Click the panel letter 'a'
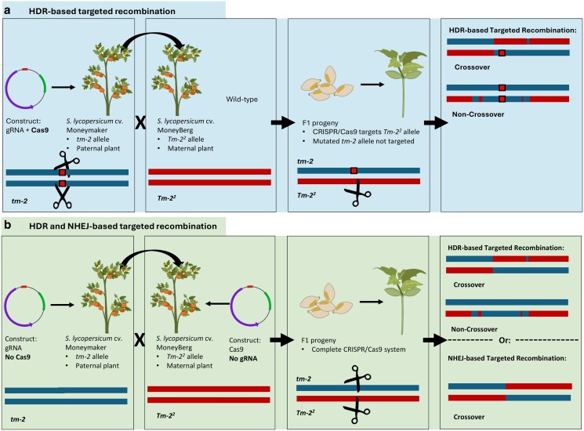click(x=7, y=10)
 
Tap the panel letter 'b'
click(x=8, y=225)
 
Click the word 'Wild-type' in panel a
click(x=241, y=100)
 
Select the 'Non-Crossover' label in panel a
click(x=478, y=114)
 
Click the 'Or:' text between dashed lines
click(x=504, y=340)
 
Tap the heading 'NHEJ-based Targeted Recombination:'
click(x=506, y=358)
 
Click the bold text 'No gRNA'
click(x=243, y=358)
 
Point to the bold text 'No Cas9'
click(x=18, y=357)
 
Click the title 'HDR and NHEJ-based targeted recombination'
click(x=123, y=226)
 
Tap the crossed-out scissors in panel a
click(x=62, y=195)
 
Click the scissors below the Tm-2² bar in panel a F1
click(x=357, y=194)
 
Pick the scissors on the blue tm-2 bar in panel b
click(x=357, y=378)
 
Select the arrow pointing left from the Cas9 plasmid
click(x=217, y=304)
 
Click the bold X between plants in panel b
click(x=140, y=340)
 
